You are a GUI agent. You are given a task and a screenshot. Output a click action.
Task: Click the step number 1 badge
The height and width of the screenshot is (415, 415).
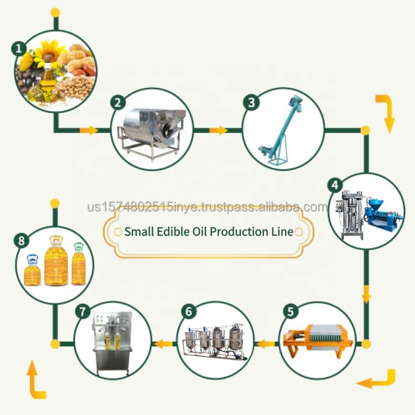pos(20,49)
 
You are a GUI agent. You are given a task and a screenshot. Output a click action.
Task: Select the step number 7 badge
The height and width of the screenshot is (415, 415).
pos(82,312)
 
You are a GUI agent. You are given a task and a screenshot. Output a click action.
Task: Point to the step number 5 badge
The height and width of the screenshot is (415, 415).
pos(289,312)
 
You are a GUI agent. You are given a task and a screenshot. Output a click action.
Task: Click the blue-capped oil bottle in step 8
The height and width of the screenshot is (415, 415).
pos(32,270)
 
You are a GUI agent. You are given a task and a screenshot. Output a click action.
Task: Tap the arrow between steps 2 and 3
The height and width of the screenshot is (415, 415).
pos(219,130)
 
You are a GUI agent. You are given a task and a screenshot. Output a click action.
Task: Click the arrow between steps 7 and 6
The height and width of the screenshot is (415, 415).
pos(164,343)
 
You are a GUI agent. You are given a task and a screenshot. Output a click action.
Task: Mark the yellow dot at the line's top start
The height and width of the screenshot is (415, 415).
pos(56,11)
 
